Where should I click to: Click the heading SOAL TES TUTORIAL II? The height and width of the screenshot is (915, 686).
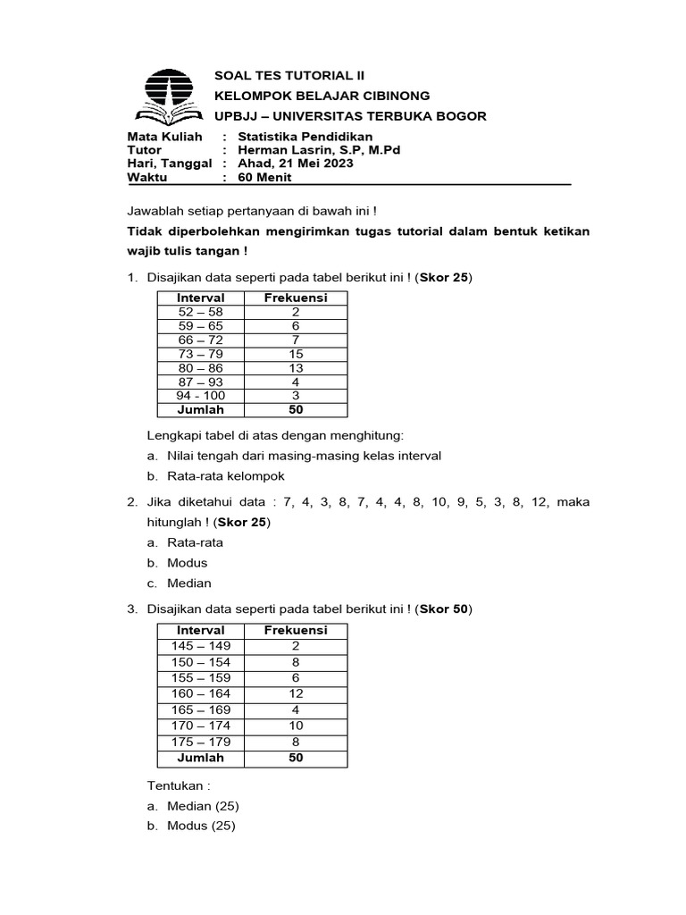coord(289,76)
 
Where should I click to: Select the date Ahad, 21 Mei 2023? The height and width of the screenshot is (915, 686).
coord(296,164)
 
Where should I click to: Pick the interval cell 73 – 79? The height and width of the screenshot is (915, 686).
coord(200,354)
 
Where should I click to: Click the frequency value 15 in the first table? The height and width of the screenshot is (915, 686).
coord(296,354)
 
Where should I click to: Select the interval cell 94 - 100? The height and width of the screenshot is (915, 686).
coord(200,396)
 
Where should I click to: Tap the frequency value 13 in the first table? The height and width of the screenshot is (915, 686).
coord(296,368)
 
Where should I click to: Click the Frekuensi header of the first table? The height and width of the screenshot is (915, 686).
coord(296,298)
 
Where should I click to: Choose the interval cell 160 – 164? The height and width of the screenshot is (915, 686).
coord(200,693)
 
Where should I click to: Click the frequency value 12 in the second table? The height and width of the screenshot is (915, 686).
coord(296,693)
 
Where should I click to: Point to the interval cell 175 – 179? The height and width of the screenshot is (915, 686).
coord(200,742)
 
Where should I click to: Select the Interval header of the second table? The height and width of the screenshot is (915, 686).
coord(200,630)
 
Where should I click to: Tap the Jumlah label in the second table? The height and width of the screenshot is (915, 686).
coord(200,758)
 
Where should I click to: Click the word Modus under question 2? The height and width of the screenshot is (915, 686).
coord(187,563)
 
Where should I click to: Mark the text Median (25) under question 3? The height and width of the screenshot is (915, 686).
coord(201,806)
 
